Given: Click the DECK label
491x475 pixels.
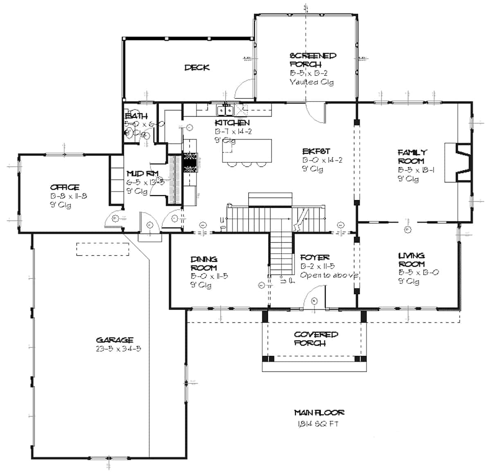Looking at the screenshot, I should coord(197,68).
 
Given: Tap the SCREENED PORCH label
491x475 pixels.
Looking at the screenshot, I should coord(313,60).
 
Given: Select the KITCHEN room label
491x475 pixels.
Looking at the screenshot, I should coord(232,123).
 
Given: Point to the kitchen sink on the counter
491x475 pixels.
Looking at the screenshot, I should coord(225,110).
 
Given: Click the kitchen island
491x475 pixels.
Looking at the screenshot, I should coord(247,151).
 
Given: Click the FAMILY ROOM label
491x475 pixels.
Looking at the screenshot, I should coord(412,157).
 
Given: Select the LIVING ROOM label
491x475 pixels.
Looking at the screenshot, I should coord(411,260).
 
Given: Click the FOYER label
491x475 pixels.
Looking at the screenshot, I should coord(315,258).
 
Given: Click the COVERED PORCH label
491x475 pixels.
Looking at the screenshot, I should coord(315,339).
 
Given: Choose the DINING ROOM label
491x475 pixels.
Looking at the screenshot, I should coord(204,263).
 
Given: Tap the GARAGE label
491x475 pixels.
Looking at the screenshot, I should coord(115,340).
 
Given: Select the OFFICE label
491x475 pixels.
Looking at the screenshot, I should coord(65,187).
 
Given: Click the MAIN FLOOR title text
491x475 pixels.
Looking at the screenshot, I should coord(319,413).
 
